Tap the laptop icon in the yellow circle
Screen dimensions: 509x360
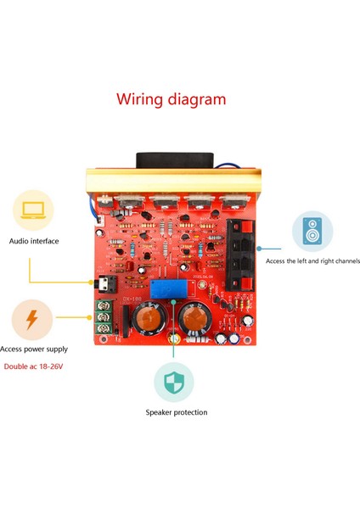point(34,209)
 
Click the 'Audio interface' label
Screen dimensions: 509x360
point(34,241)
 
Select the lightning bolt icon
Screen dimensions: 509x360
point(32,319)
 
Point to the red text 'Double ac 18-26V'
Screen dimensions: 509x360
point(34,366)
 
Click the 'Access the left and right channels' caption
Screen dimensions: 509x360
point(312,261)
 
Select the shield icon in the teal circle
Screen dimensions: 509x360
point(174,381)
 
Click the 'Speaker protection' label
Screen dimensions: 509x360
point(176,413)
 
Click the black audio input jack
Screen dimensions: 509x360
point(105,285)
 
